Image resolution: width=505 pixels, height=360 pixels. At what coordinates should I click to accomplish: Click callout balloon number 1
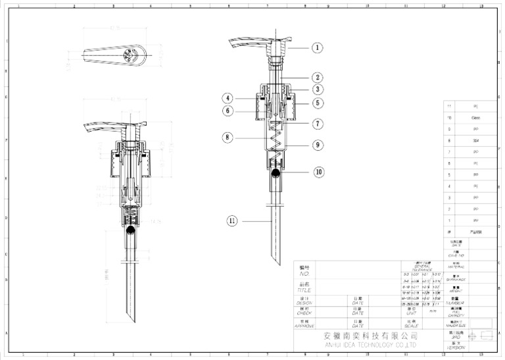pyautogui.click(x=317, y=47)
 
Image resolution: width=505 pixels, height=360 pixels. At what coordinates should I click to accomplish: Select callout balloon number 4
pyautogui.click(x=228, y=98)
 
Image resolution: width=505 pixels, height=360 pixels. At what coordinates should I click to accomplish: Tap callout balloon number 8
pyautogui.click(x=228, y=138)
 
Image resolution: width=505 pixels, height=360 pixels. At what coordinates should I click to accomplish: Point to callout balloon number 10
pyautogui.click(x=318, y=172)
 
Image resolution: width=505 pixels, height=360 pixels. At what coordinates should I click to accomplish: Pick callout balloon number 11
pyautogui.click(x=232, y=220)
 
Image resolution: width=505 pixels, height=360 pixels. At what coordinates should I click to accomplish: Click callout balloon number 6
pyautogui.click(x=228, y=111)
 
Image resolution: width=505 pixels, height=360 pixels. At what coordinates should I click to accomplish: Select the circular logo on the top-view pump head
pyautogui.click(x=130, y=57)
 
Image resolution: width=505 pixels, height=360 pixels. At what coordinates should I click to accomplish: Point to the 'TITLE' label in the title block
pyautogui.click(x=304, y=290)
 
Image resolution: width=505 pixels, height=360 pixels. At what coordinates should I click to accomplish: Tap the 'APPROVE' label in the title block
pyautogui.click(x=304, y=326)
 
